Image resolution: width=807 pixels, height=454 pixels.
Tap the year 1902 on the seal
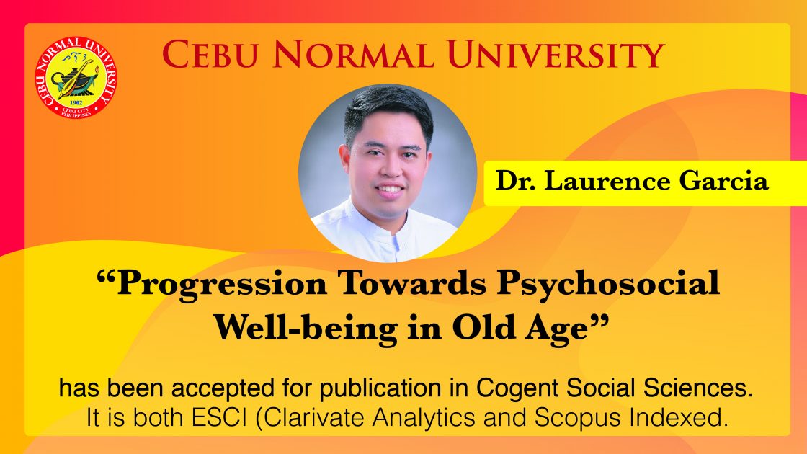click(x=76, y=103)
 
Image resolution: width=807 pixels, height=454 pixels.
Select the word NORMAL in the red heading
click(x=352, y=55)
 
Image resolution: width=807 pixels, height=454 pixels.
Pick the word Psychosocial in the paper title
click(x=608, y=284)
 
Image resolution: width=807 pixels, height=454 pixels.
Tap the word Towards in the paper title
click(x=411, y=283)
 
